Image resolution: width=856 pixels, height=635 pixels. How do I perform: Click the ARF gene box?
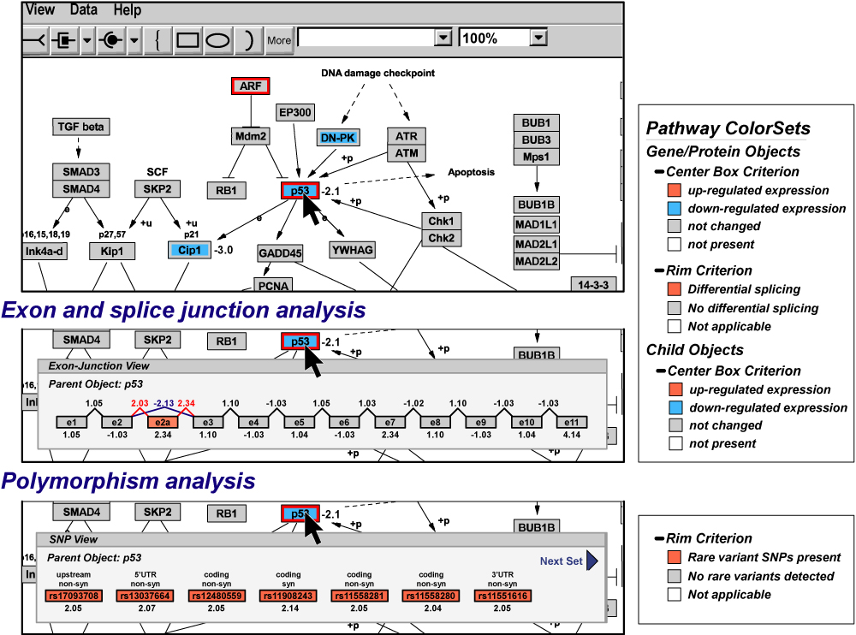[251, 86]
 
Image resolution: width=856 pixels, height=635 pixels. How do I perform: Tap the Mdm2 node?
[251, 136]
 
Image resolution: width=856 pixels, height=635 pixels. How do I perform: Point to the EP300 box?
[295, 112]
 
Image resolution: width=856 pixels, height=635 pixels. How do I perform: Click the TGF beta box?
[80, 128]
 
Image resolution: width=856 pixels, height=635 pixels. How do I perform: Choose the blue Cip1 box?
[187, 250]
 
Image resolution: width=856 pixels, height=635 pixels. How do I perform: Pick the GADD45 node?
[280, 253]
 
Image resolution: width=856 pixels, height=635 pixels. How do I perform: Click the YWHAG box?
[353, 250]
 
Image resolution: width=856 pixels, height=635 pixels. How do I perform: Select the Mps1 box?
[537, 157]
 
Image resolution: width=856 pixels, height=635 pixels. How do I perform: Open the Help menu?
[127, 10]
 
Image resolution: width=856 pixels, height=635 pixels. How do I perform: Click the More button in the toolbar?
[279, 39]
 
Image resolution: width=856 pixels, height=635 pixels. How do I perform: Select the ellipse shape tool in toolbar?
[218, 39]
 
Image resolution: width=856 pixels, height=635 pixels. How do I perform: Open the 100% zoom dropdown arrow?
[538, 39]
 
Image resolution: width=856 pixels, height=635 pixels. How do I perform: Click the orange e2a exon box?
[161, 422]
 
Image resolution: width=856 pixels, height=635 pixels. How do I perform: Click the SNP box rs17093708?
[68, 596]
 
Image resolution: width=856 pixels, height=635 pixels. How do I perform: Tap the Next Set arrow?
[591, 561]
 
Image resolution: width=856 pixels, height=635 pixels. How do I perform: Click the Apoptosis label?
[471, 172]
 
